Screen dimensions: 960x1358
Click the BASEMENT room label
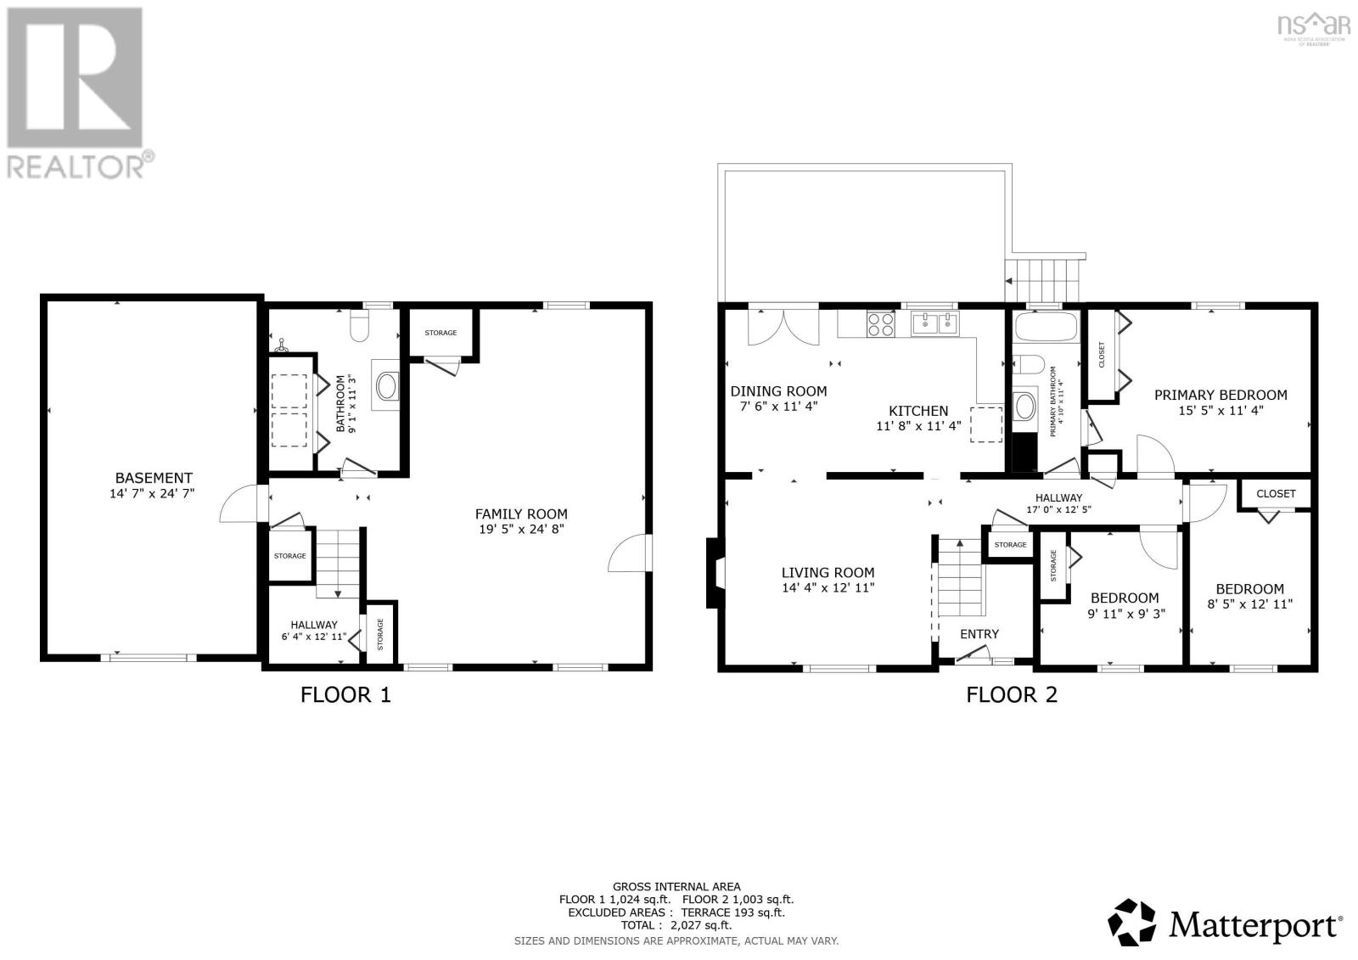click(x=154, y=478)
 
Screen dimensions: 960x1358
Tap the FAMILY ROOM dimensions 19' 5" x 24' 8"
click(x=521, y=529)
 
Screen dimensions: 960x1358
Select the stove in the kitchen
click(x=879, y=323)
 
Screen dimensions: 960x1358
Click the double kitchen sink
click(x=934, y=323)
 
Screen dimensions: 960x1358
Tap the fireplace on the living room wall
click(x=714, y=574)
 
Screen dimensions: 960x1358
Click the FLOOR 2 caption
click(x=1012, y=695)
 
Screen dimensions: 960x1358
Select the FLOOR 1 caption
click(x=345, y=695)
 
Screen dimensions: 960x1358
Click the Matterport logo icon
click(x=1132, y=923)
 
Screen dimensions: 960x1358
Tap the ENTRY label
click(x=979, y=634)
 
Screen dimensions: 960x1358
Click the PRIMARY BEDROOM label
click(x=1220, y=395)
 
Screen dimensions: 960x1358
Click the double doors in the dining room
click(x=783, y=327)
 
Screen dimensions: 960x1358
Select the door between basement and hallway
click(x=239, y=504)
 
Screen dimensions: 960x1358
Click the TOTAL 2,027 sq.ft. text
click(x=676, y=926)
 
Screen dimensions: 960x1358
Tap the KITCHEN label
click(x=918, y=411)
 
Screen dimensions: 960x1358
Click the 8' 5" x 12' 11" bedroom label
click(x=1249, y=604)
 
